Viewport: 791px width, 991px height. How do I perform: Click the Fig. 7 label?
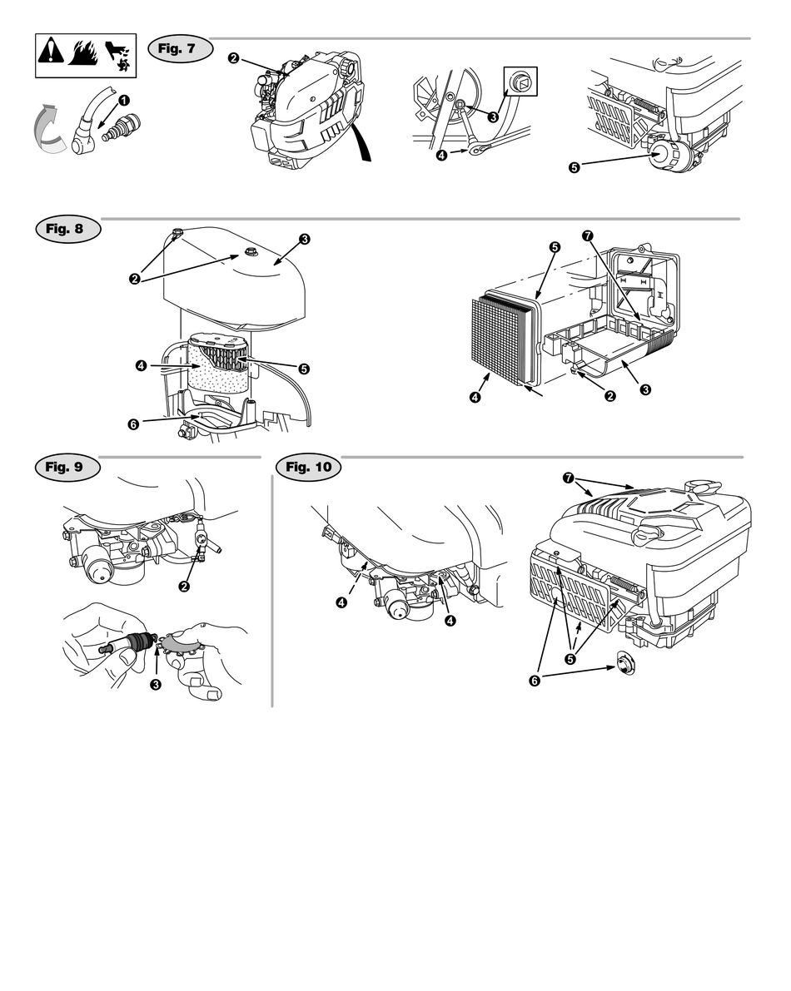(179, 48)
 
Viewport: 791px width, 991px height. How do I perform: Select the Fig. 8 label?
(67, 230)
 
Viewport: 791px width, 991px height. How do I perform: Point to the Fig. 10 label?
(308, 467)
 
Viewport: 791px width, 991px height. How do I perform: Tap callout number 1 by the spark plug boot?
(123, 100)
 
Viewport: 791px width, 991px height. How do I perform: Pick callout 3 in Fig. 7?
(493, 117)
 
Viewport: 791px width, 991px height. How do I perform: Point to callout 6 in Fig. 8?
(133, 424)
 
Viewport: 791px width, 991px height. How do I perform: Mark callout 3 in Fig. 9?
(155, 684)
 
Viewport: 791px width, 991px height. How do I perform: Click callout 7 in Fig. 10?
(568, 478)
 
